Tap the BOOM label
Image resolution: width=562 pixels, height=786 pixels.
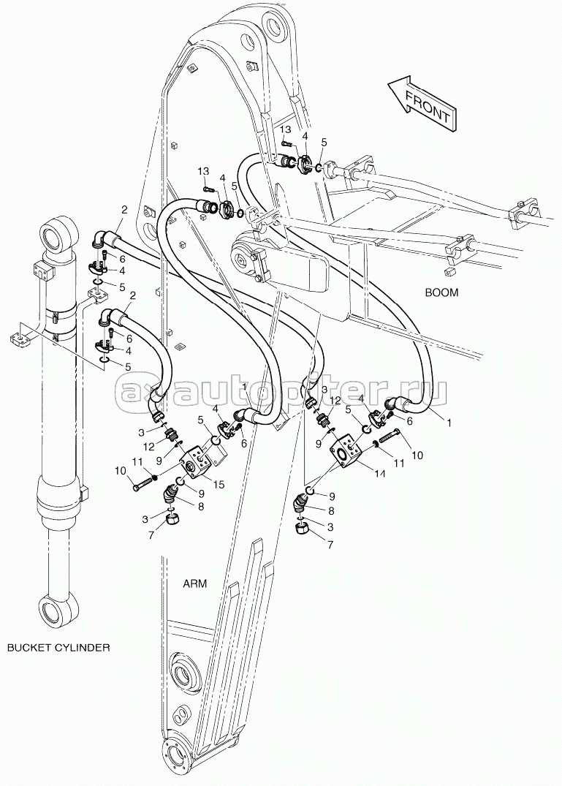click(442, 292)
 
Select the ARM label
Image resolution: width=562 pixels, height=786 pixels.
click(194, 583)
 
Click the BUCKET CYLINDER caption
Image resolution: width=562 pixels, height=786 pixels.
click(58, 648)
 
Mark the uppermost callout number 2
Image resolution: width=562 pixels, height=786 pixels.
click(124, 210)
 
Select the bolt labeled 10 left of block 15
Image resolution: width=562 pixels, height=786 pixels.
click(144, 483)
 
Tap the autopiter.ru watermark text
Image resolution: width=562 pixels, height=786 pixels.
click(281, 395)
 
